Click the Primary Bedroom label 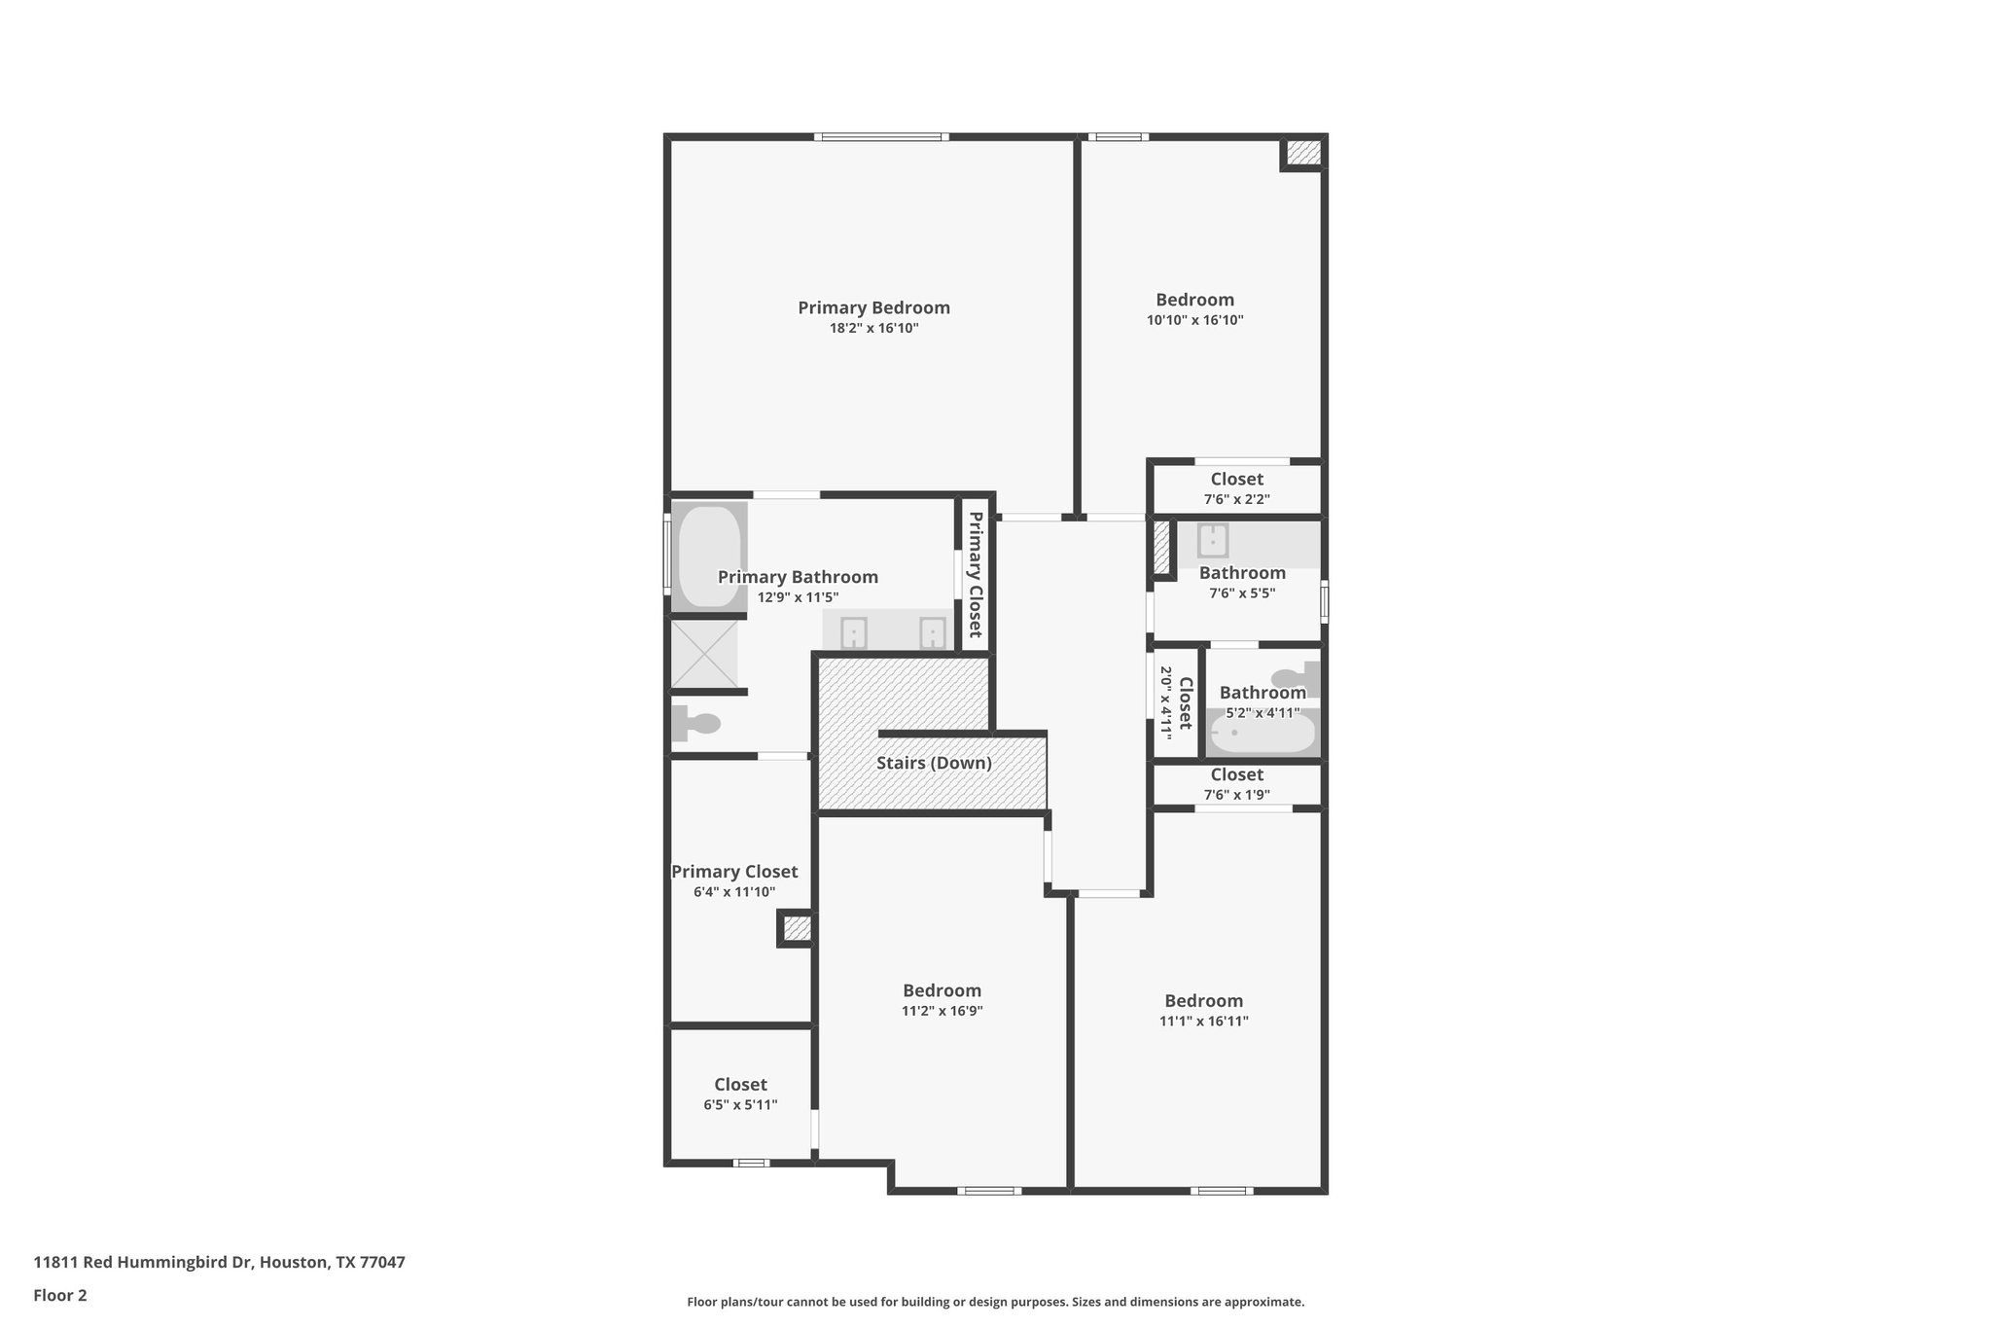(x=873, y=307)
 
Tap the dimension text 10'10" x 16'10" (x=1194, y=320)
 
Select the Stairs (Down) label (x=934, y=763)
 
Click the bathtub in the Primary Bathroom (x=708, y=556)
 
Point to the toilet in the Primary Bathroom (x=696, y=723)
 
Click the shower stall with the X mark (x=704, y=654)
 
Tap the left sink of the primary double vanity (x=853, y=633)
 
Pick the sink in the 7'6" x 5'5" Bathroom (x=1212, y=540)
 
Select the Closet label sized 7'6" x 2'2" (x=1236, y=479)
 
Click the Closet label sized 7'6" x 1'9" (x=1236, y=774)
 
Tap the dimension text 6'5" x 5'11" (x=740, y=1105)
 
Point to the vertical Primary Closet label (x=975, y=575)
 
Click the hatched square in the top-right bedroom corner (x=1303, y=153)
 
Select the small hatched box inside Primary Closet (x=797, y=929)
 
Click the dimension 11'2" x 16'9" (x=942, y=1011)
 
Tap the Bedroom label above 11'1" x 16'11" (x=1203, y=1000)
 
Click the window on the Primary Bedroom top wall (x=880, y=137)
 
